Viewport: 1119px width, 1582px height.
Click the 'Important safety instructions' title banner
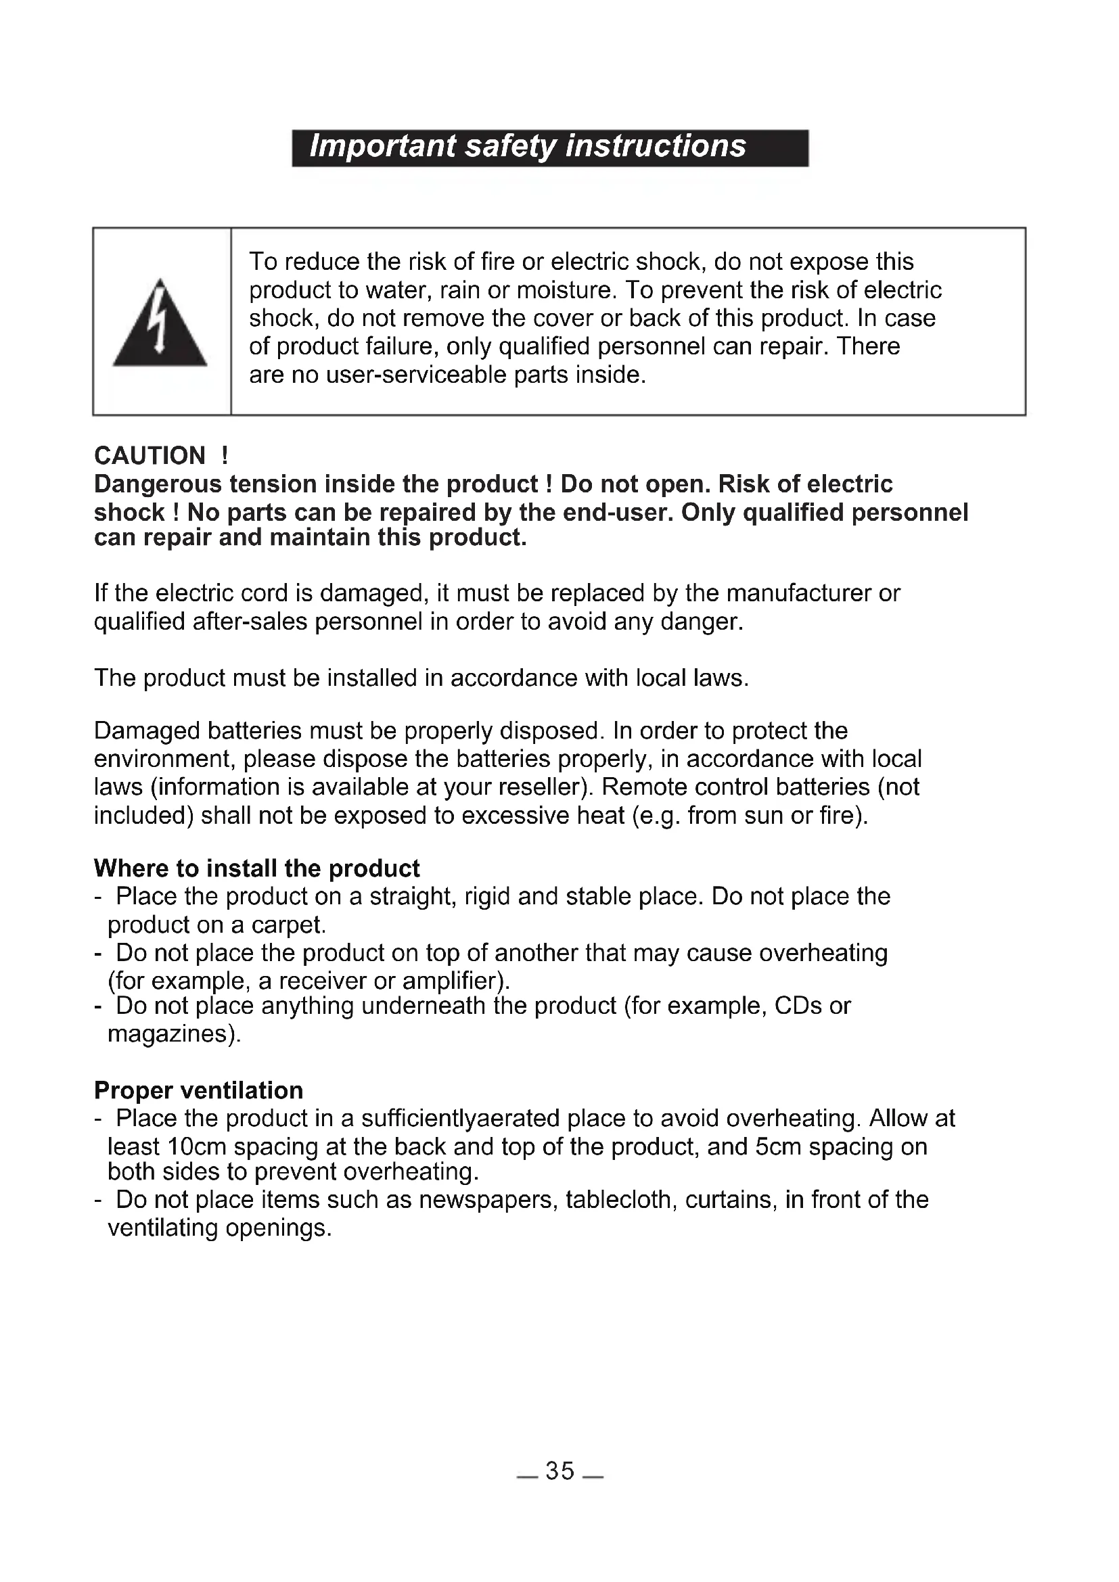click(x=549, y=147)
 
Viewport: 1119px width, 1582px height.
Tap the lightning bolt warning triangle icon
click(x=160, y=324)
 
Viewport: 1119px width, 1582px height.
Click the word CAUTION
click(x=150, y=456)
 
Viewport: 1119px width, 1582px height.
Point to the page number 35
click(x=559, y=1470)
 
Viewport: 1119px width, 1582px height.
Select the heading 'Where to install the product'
click(x=256, y=868)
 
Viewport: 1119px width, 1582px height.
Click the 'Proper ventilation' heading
click(x=198, y=1090)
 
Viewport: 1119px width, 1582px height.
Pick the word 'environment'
click(x=164, y=760)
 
